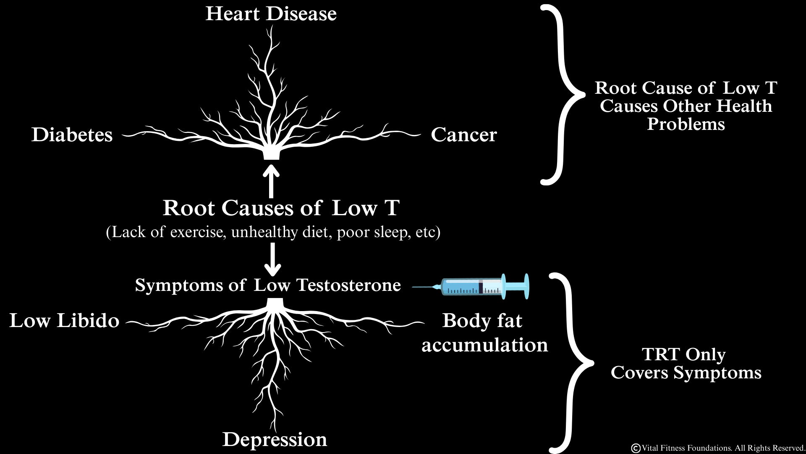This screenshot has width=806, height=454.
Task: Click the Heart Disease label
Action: pyautogui.click(x=271, y=14)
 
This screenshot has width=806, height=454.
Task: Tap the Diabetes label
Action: pyautogui.click(x=72, y=135)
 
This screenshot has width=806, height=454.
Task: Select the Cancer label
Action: pyautogui.click(x=464, y=135)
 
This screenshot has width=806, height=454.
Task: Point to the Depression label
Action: pyautogui.click(x=275, y=440)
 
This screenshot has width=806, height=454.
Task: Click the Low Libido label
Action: pyautogui.click(x=64, y=321)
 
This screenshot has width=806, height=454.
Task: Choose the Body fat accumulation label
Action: pyautogui.click(x=484, y=333)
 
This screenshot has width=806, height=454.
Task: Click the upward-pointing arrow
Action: pyautogui.click(x=271, y=182)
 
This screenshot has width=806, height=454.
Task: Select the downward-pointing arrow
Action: pyautogui.click(x=273, y=259)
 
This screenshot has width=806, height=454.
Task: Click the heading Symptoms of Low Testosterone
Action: pyautogui.click(x=268, y=285)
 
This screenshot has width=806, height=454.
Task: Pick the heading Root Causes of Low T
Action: pyautogui.click(x=281, y=208)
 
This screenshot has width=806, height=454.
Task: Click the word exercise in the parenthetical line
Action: pyautogui.click(x=197, y=232)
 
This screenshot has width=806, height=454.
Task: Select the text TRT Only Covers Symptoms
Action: pyautogui.click(x=686, y=364)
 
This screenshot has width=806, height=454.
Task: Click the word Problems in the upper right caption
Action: pyautogui.click(x=686, y=124)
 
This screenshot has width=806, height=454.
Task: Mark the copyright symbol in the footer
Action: pyautogui.click(x=636, y=449)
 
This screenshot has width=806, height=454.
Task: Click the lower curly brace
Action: pyautogui.click(x=571, y=363)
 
